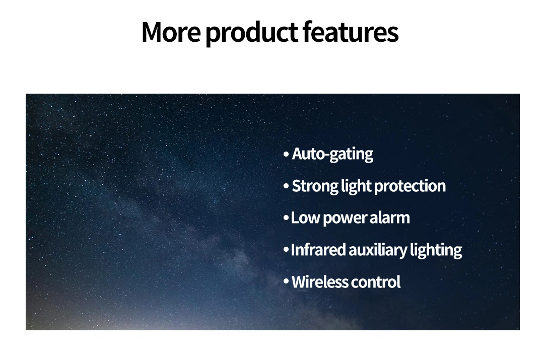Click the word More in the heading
(x=171, y=32)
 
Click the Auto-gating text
(x=332, y=154)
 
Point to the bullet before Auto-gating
(x=286, y=154)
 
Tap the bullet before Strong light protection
(x=286, y=186)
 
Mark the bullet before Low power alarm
(x=286, y=218)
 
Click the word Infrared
(x=318, y=250)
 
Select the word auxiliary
(x=377, y=250)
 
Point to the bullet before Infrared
(x=286, y=249)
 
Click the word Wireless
(x=319, y=281)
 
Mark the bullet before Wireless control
(x=286, y=281)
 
